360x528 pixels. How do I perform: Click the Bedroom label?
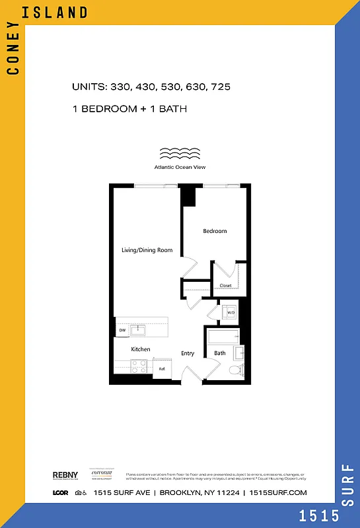click(x=215, y=231)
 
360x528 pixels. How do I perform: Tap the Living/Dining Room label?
click(x=147, y=250)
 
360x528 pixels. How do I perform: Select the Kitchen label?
click(x=140, y=349)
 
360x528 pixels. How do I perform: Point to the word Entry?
click(x=188, y=353)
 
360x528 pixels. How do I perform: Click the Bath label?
click(x=220, y=353)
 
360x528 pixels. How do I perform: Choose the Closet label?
click(x=225, y=286)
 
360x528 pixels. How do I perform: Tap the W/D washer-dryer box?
click(x=231, y=313)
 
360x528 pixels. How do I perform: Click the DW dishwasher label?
click(x=122, y=330)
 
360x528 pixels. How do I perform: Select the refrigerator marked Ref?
click(x=162, y=369)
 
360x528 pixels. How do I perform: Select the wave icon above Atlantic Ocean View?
click(x=180, y=154)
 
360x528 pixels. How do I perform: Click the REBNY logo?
click(x=65, y=475)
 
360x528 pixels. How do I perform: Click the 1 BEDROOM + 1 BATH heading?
click(x=130, y=108)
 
